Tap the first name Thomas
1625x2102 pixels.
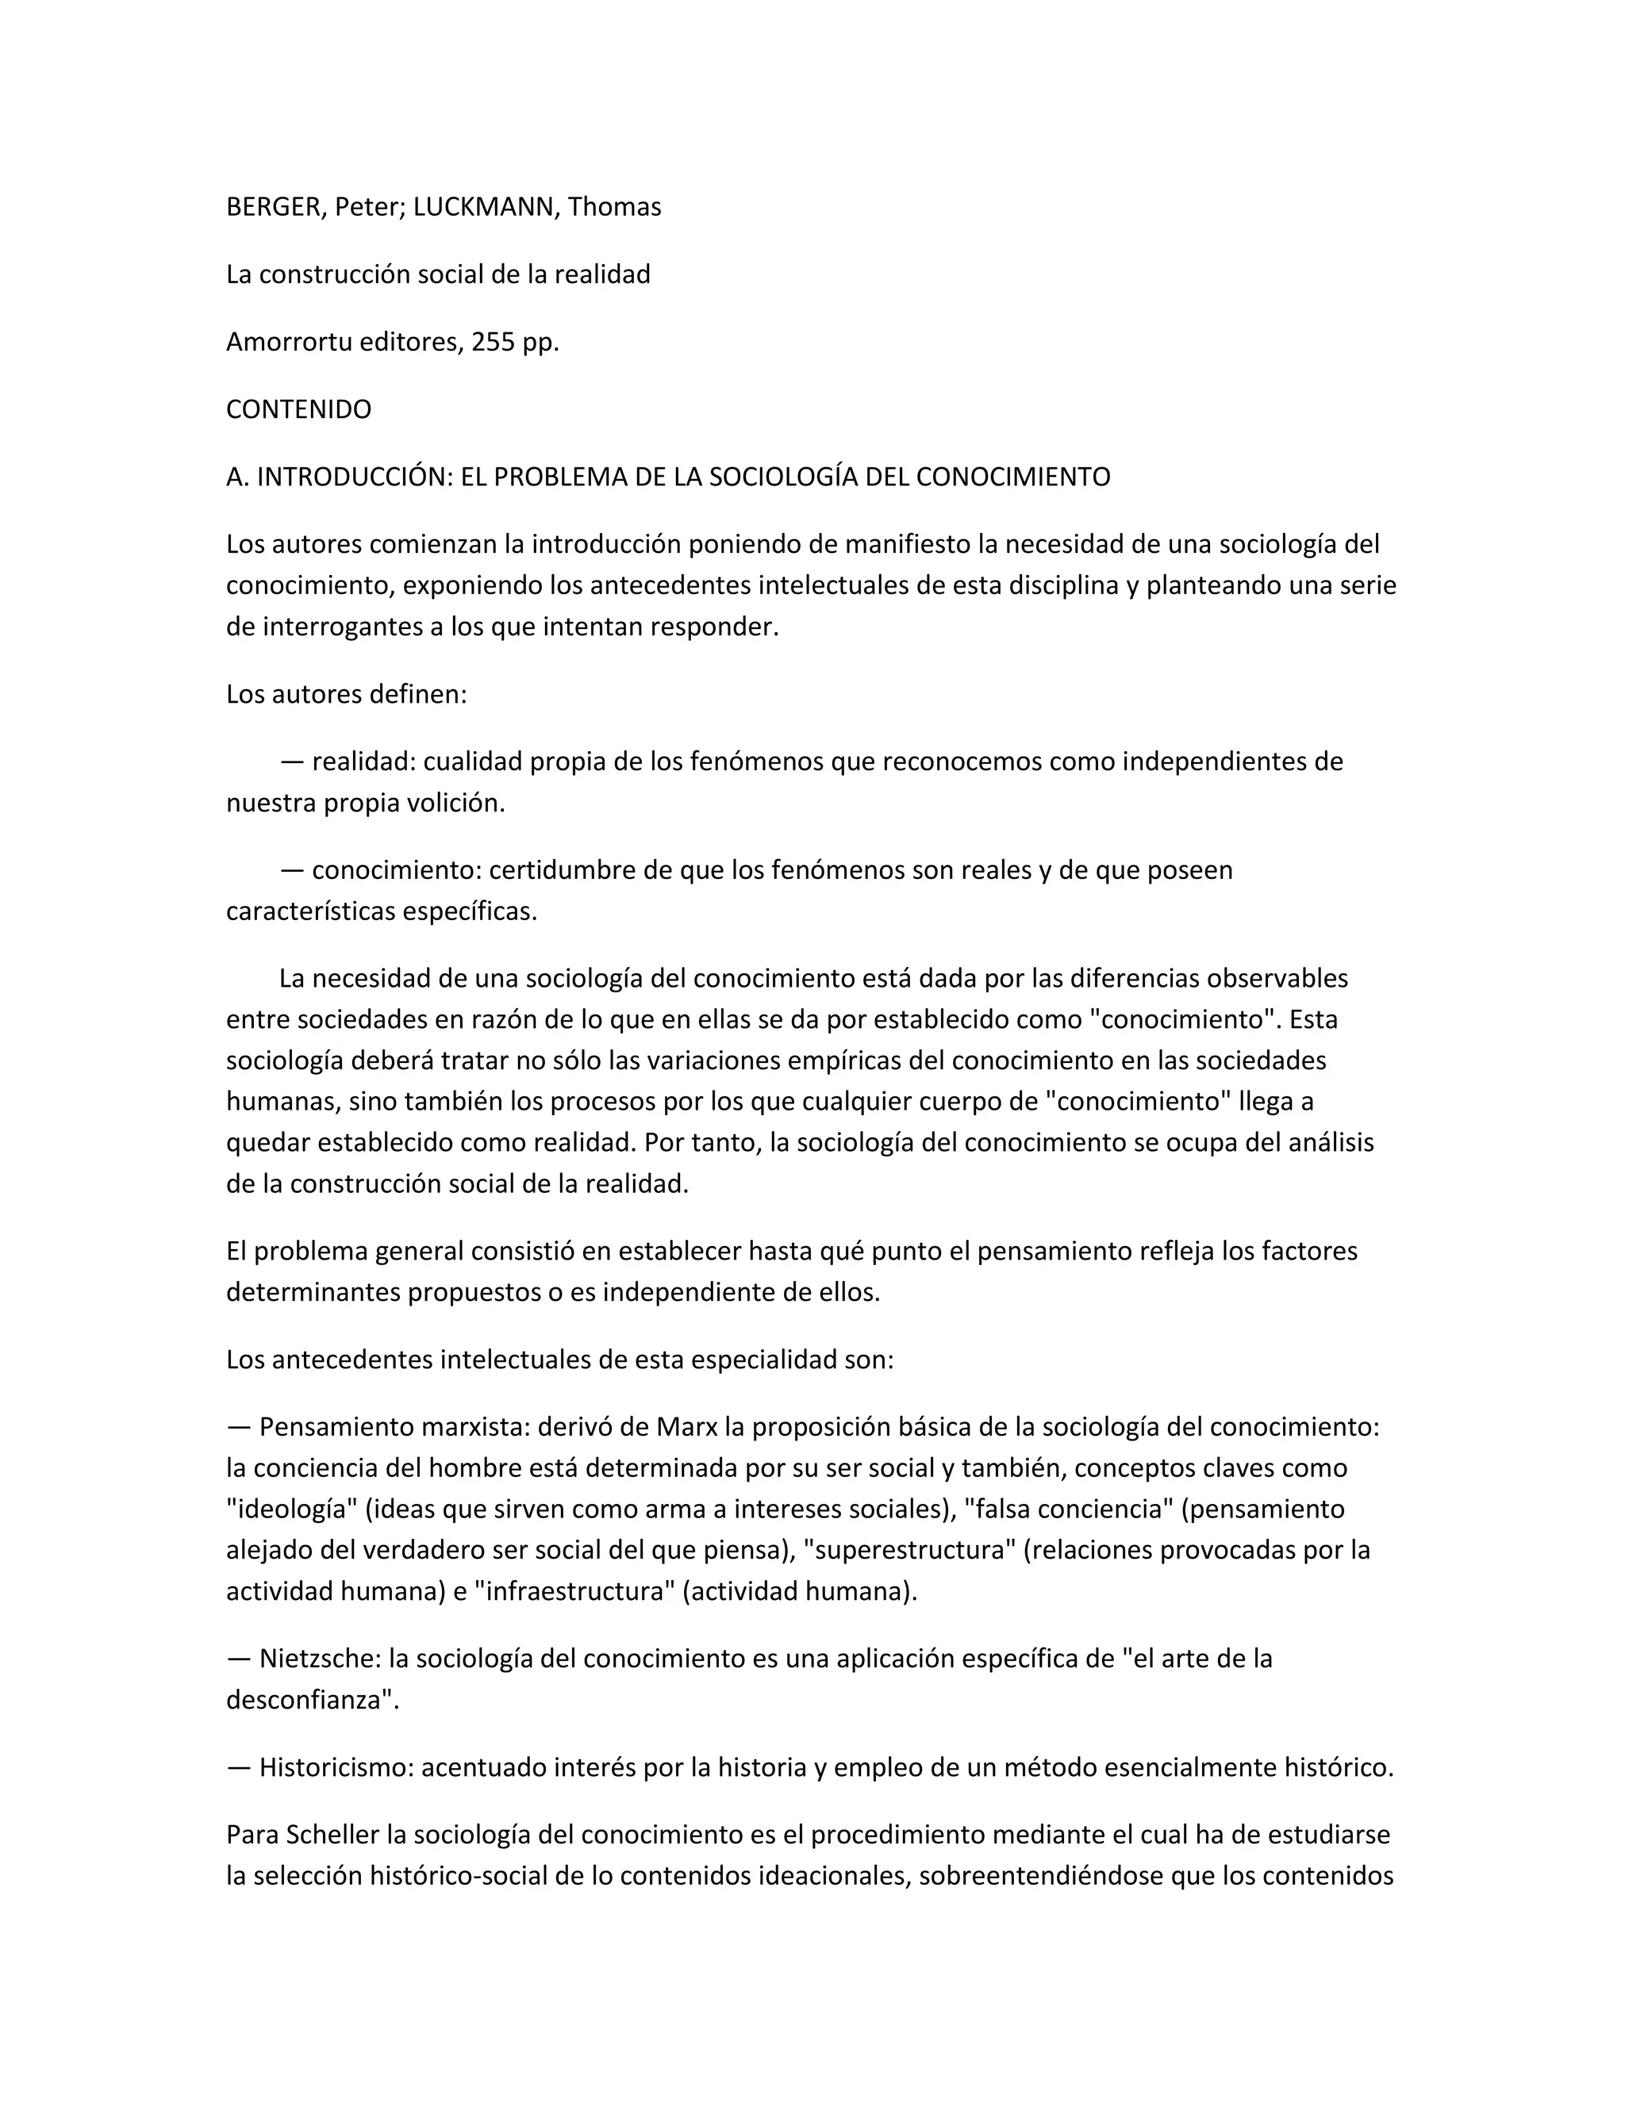[614, 207]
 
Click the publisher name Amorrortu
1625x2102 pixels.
[289, 342]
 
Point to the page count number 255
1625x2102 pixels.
[494, 342]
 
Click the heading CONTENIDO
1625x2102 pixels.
[298, 409]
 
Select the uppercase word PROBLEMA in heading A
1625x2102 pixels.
[551, 477]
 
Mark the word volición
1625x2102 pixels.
[456, 803]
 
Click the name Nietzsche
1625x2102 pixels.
[316, 1659]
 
